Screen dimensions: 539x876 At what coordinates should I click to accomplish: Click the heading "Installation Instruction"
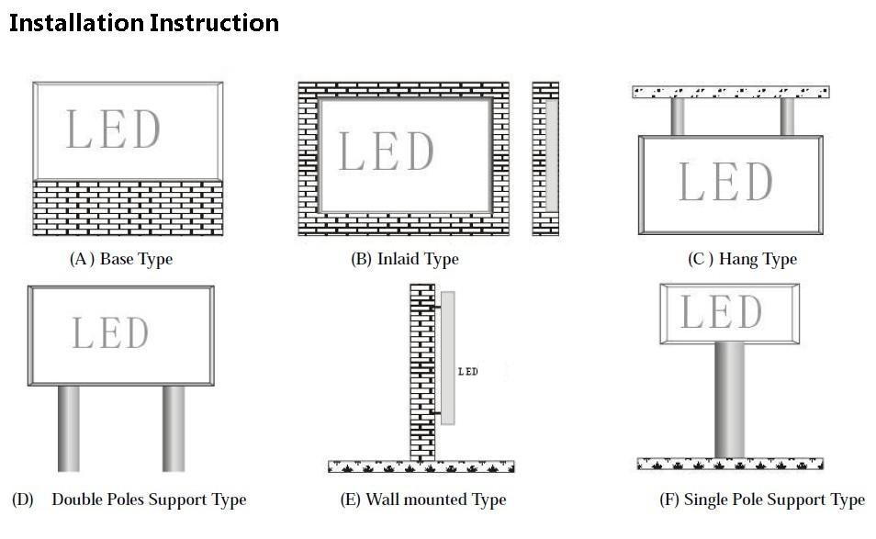[x=144, y=23]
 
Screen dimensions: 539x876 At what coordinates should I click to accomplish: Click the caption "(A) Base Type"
[x=121, y=259]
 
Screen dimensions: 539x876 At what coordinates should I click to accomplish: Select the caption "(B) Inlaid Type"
[x=404, y=259]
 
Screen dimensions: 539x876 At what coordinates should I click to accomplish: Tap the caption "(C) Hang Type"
[x=742, y=259]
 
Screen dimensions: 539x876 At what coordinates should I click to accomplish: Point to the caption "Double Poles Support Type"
[x=149, y=500]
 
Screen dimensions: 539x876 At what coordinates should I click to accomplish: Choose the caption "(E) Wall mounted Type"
[x=423, y=500]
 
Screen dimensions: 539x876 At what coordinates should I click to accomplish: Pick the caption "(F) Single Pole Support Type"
[x=762, y=500]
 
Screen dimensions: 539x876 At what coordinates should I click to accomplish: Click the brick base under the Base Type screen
[x=128, y=208]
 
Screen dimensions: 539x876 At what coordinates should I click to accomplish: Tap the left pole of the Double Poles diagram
[x=70, y=428]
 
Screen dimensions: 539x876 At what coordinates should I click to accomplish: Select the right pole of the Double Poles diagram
[x=174, y=428]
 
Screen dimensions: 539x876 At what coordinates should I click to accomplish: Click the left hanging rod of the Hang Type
[x=678, y=117]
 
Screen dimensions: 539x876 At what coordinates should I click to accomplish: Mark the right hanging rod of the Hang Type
[x=787, y=117]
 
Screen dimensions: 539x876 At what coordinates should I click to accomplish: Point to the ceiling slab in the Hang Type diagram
[x=731, y=91]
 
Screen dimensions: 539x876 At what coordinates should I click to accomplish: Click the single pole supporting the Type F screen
[x=730, y=398]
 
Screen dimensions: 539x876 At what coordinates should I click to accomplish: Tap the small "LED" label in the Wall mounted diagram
[x=467, y=371]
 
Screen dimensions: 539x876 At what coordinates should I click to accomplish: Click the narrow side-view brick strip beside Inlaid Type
[x=545, y=158]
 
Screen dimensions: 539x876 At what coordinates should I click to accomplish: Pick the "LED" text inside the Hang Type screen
[x=725, y=182]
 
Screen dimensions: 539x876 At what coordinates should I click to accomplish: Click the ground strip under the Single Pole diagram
[x=730, y=464]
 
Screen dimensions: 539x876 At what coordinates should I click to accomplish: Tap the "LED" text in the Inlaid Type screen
[x=387, y=152]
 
